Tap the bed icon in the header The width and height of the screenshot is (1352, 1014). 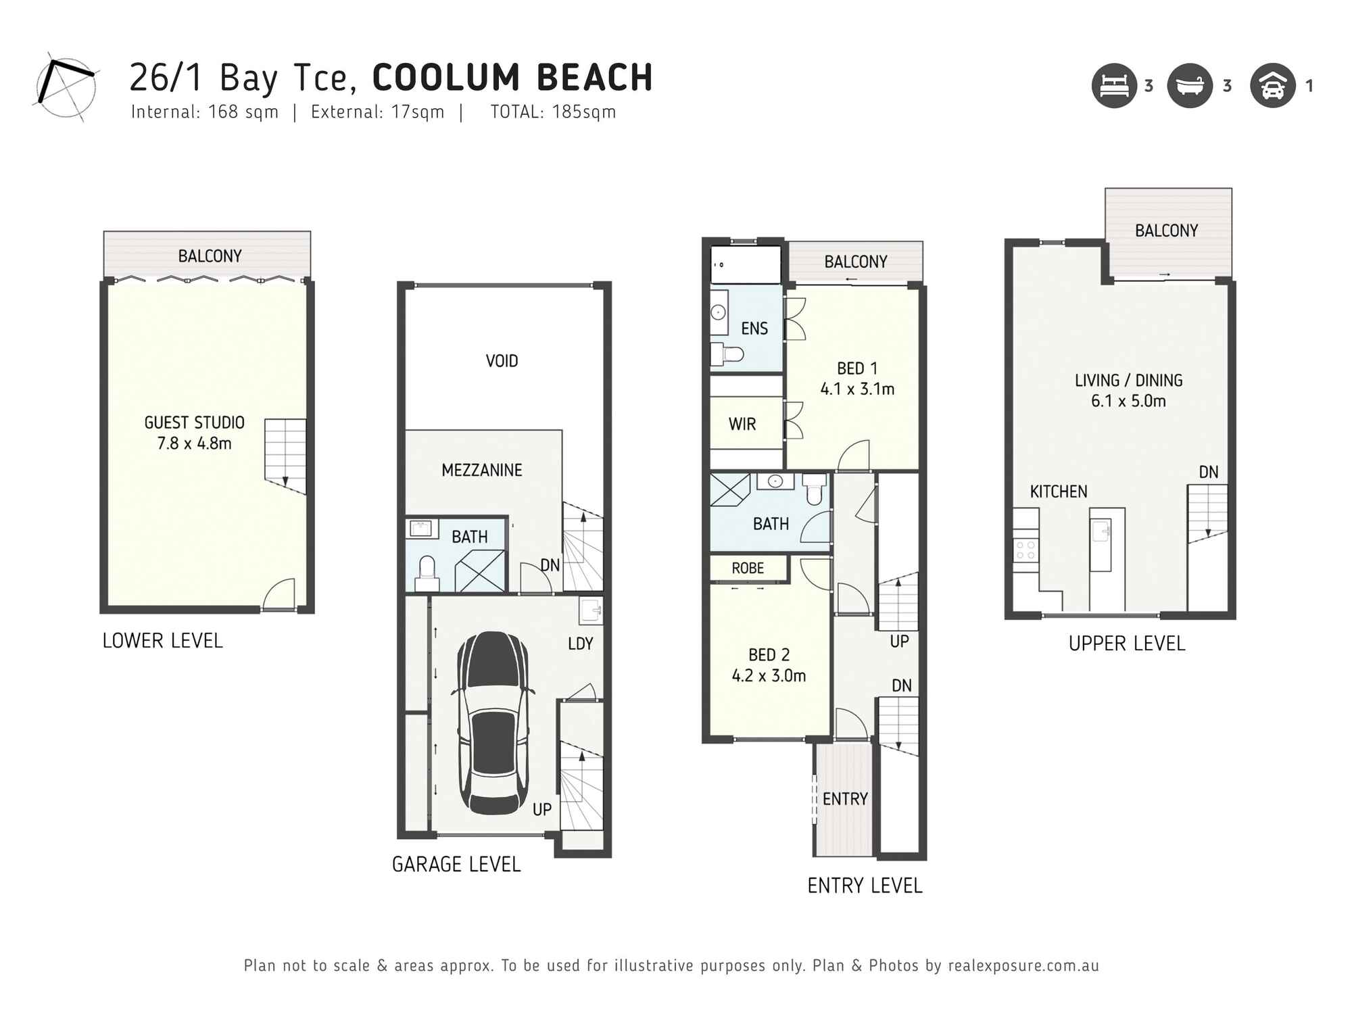[1114, 86]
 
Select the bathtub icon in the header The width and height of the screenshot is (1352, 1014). [1190, 86]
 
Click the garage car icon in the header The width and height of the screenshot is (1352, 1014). [1272, 86]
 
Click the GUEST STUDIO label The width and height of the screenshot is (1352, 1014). [194, 423]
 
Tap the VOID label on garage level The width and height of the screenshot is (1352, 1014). [502, 361]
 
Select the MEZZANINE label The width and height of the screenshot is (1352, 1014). [481, 470]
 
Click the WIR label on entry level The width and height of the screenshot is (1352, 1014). [742, 425]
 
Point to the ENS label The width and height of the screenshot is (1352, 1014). [754, 329]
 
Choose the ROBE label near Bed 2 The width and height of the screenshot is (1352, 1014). [748, 569]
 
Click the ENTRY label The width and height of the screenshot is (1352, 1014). [845, 799]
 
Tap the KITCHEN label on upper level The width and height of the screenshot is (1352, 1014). [1059, 492]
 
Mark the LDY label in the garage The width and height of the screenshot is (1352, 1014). [580, 644]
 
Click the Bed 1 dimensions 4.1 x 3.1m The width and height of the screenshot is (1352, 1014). [857, 389]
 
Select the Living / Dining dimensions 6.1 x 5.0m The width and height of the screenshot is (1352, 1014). [1128, 402]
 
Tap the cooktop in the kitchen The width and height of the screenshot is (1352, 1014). [1025, 550]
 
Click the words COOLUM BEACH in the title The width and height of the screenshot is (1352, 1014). [512, 78]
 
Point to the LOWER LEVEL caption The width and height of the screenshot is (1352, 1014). [162, 641]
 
